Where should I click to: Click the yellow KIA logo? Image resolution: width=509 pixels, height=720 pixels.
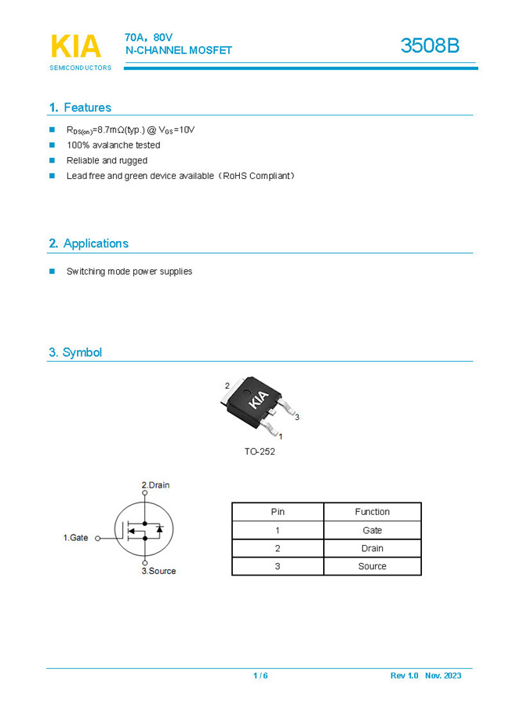(76, 47)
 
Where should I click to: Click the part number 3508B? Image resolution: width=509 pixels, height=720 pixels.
(429, 46)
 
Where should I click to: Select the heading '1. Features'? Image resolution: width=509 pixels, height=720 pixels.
(80, 108)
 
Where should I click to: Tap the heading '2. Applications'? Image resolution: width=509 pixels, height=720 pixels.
(89, 243)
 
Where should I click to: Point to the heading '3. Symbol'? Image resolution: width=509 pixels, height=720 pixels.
(75, 353)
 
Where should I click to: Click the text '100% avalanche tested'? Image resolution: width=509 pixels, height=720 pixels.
(113, 145)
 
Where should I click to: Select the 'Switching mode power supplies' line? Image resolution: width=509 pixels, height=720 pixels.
(129, 272)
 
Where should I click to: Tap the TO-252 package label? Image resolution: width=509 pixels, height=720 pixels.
(260, 451)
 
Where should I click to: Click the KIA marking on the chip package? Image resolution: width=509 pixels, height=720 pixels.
(259, 400)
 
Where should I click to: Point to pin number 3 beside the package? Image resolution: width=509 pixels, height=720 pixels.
(297, 417)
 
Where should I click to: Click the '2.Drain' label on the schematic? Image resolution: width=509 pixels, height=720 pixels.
(155, 485)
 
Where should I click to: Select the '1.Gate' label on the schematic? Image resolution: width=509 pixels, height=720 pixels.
(76, 538)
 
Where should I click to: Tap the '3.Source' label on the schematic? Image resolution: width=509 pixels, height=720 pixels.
(158, 571)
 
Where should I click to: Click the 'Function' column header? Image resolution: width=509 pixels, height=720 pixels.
(372, 512)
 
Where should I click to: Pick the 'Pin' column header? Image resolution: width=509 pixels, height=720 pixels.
(278, 512)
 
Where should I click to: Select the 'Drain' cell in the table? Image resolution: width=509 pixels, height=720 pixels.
(372, 548)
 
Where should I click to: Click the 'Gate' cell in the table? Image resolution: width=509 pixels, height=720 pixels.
(372, 530)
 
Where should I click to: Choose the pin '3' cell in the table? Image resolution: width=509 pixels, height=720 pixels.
(278, 566)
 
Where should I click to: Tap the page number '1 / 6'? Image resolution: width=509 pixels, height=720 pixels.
(260, 676)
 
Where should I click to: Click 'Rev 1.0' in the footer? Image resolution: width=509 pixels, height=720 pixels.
(404, 676)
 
